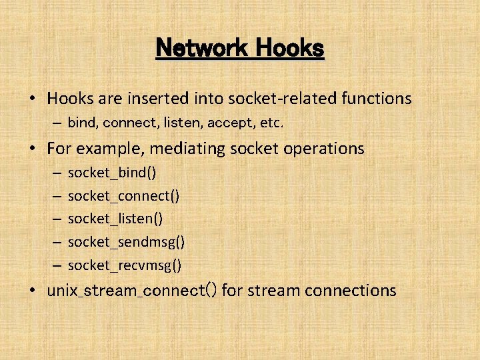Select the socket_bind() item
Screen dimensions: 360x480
[x=112, y=173]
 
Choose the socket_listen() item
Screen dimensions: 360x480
[x=115, y=219]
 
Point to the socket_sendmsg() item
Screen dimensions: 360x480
[x=127, y=242]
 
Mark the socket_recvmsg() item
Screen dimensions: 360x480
[x=125, y=265]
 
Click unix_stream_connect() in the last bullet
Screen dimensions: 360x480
[x=131, y=291]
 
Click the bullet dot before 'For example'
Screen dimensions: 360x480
[x=33, y=148]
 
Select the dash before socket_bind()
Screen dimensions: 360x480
[x=55, y=173]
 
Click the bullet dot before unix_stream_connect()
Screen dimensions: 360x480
[x=33, y=291]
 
